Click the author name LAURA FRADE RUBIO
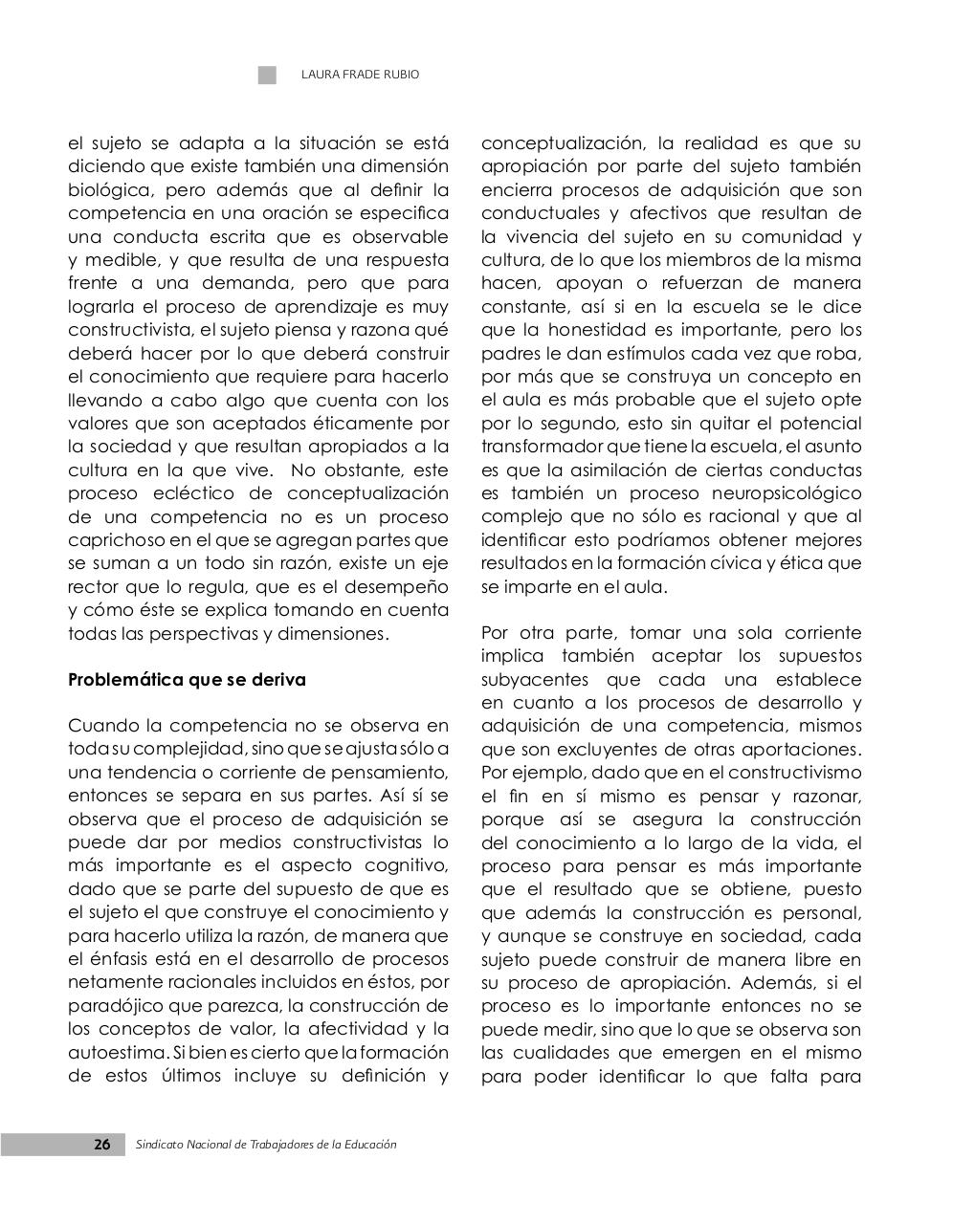tap(360, 75)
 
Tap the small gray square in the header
tap(267, 75)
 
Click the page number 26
tap(102, 1145)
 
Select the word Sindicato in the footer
tap(163, 1145)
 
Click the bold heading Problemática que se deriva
tap(187, 680)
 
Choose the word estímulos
tap(644, 354)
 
